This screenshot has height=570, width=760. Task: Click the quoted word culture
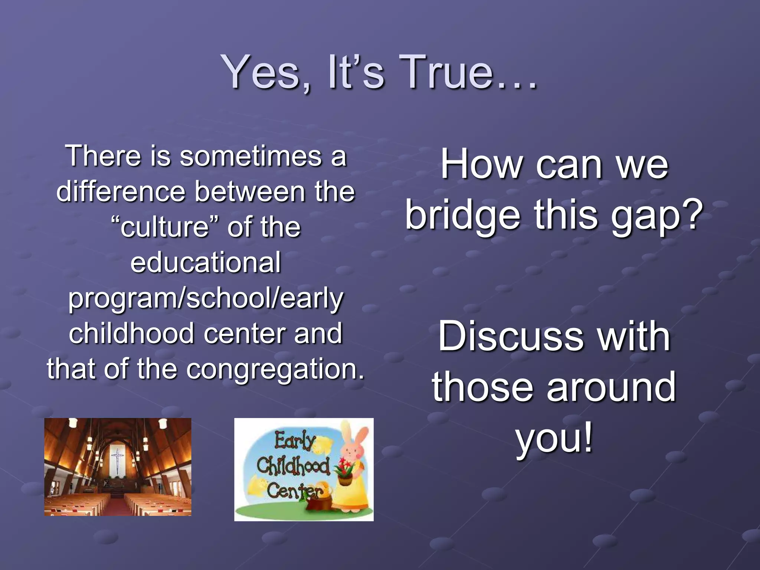tap(166, 227)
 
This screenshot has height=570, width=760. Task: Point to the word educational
tap(206, 262)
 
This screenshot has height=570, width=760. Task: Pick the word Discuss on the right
tap(510, 336)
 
